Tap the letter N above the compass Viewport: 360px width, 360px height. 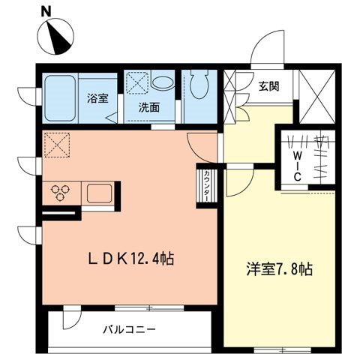tap(46, 10)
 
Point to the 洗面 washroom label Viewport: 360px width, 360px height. tap(148, 107)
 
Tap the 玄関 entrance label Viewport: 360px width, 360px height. tap(269, 85)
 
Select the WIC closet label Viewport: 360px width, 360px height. tap(298, 164)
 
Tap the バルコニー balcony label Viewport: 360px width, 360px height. tap(129, 329)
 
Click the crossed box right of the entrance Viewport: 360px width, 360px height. tap(315, 95)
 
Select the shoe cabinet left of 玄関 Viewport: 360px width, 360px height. tap(230, 95)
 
